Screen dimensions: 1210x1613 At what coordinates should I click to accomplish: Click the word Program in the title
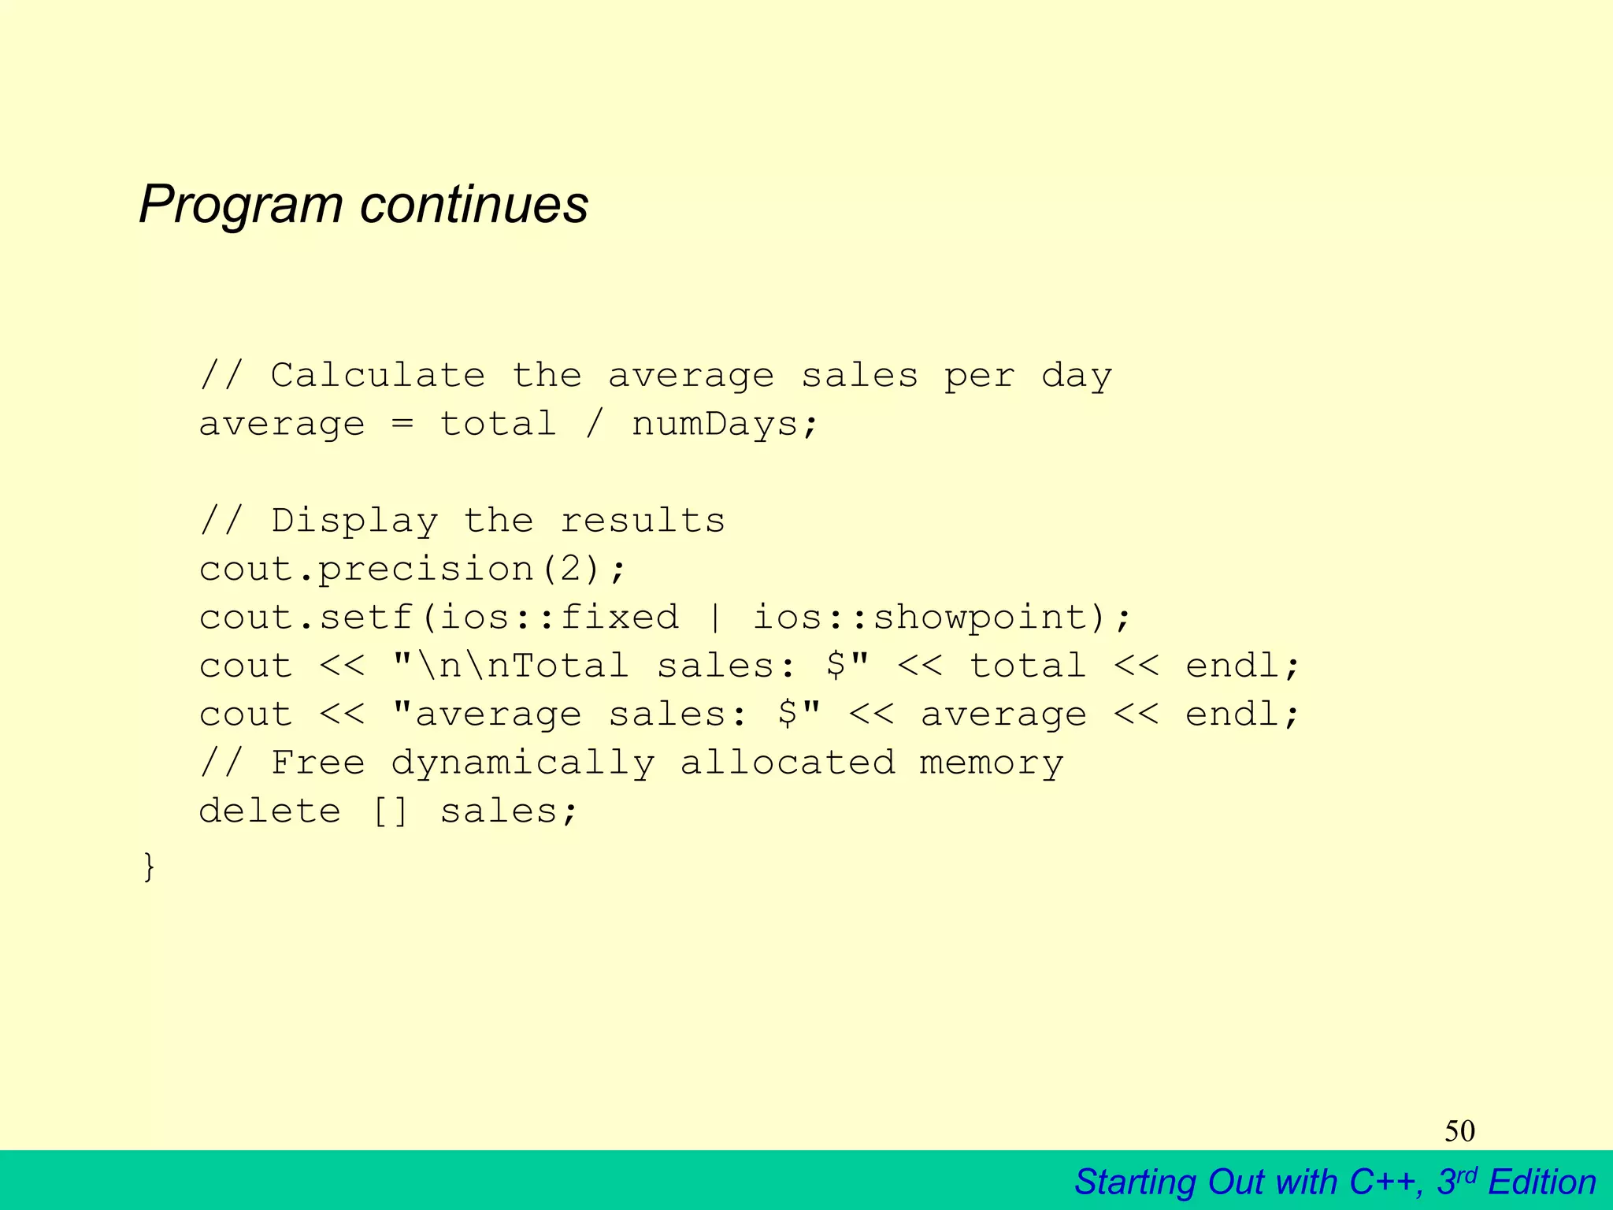pos(241,205)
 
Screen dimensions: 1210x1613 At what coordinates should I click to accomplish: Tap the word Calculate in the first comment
pos(378,376)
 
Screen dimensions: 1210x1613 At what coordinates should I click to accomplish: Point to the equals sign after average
pos(402,425)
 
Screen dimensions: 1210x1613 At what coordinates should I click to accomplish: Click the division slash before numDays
pos(595,425)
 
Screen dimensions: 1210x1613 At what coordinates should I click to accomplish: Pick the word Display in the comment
pos(354,521)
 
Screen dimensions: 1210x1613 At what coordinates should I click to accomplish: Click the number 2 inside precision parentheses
pos(571,569)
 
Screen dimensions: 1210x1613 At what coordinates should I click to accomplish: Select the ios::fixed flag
pos(558,617)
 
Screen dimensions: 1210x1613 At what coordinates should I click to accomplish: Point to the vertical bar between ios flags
pos(715,617)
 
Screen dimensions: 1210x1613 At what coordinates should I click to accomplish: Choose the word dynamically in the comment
pos(522,763)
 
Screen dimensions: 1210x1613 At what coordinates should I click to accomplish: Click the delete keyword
pos(270,811)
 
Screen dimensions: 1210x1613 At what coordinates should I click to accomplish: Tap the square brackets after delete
pos(391,811)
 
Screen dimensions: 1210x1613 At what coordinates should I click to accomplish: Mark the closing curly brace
pos(149,867)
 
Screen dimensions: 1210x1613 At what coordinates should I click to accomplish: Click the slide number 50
pos(1459,1131)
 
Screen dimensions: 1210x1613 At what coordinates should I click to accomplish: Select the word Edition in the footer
pos(1542,1182)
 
